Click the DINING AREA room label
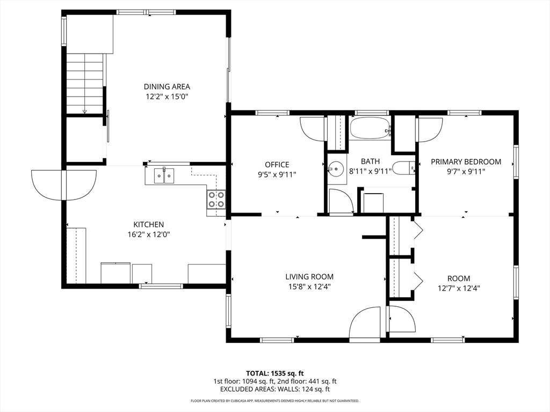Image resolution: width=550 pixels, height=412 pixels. (x=167, y=86)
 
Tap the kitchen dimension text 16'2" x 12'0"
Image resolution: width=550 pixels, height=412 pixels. (x=149, y=234)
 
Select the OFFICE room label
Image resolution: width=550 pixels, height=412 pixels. (x=277, y=165)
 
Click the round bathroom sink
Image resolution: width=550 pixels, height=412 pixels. (x=336, y=169)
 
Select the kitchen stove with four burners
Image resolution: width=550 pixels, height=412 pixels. (x=216, y=200)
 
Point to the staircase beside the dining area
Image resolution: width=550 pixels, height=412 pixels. (x=85, y=83)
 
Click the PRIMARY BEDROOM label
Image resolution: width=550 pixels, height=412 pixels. (x=466, y=161)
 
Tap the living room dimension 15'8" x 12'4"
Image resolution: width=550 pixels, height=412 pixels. (x=309, y=287)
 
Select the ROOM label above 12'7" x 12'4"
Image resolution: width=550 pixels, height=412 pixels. (x=459, y=278)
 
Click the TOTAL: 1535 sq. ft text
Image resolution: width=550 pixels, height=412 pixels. (x=274, y=373)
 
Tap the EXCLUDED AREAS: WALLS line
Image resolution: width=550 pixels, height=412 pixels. (x=274, y=389)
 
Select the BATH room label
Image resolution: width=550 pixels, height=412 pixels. (x=370, y=161)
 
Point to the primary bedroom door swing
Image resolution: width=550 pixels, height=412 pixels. (x=430, y=129)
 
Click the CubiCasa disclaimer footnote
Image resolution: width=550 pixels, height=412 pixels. (x=274, y=401)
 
